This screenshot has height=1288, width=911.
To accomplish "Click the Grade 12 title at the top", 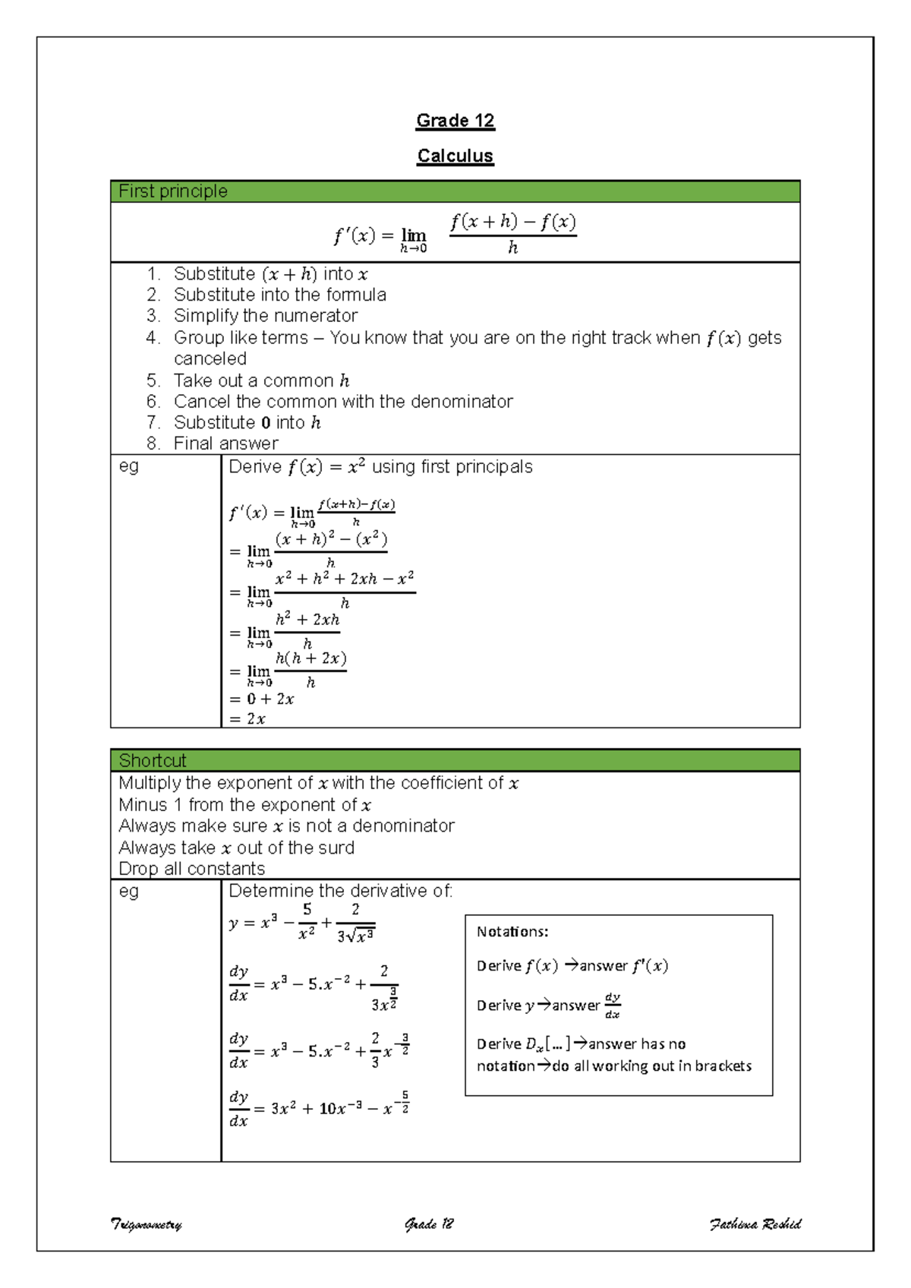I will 455,121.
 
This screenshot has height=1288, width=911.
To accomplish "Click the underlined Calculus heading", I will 455,156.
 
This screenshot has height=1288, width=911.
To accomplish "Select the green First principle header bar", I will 455,191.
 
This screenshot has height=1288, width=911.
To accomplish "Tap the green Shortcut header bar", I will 455,760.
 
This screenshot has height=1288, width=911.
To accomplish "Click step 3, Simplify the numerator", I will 265,316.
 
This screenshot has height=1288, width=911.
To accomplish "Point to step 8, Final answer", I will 225,444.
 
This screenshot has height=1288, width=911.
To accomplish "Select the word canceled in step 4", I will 210,358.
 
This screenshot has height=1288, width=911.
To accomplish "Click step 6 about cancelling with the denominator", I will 342,402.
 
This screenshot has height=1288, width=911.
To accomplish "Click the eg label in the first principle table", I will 129,466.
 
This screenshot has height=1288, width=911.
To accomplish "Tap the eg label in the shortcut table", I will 129,891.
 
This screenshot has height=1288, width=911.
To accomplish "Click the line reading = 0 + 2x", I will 262,699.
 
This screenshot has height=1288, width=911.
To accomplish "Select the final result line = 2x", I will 248,719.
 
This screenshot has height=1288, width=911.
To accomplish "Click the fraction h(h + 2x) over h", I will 310,670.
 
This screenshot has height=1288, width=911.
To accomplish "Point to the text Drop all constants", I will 191,869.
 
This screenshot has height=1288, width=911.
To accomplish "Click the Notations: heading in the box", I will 512,932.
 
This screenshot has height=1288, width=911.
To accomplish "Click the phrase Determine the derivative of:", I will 340,891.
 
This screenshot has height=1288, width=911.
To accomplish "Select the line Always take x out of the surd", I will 236,848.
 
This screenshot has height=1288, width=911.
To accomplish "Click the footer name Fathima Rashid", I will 755,1223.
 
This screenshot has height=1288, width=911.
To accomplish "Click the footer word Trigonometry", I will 147,1224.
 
